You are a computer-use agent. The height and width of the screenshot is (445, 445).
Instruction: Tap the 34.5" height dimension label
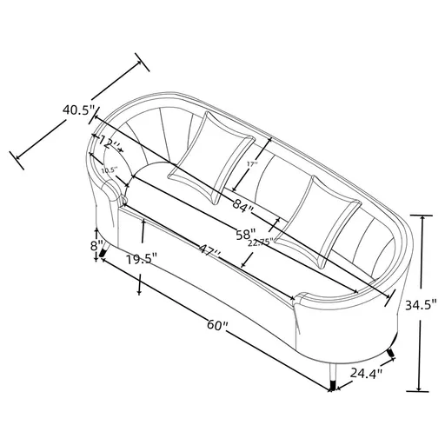coord(422,304)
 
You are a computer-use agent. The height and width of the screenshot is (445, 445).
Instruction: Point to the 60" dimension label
coord(216,327)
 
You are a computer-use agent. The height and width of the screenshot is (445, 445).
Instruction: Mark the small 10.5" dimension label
coord(108,170)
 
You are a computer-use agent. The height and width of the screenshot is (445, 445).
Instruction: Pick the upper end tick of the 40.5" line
coord(138,62)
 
